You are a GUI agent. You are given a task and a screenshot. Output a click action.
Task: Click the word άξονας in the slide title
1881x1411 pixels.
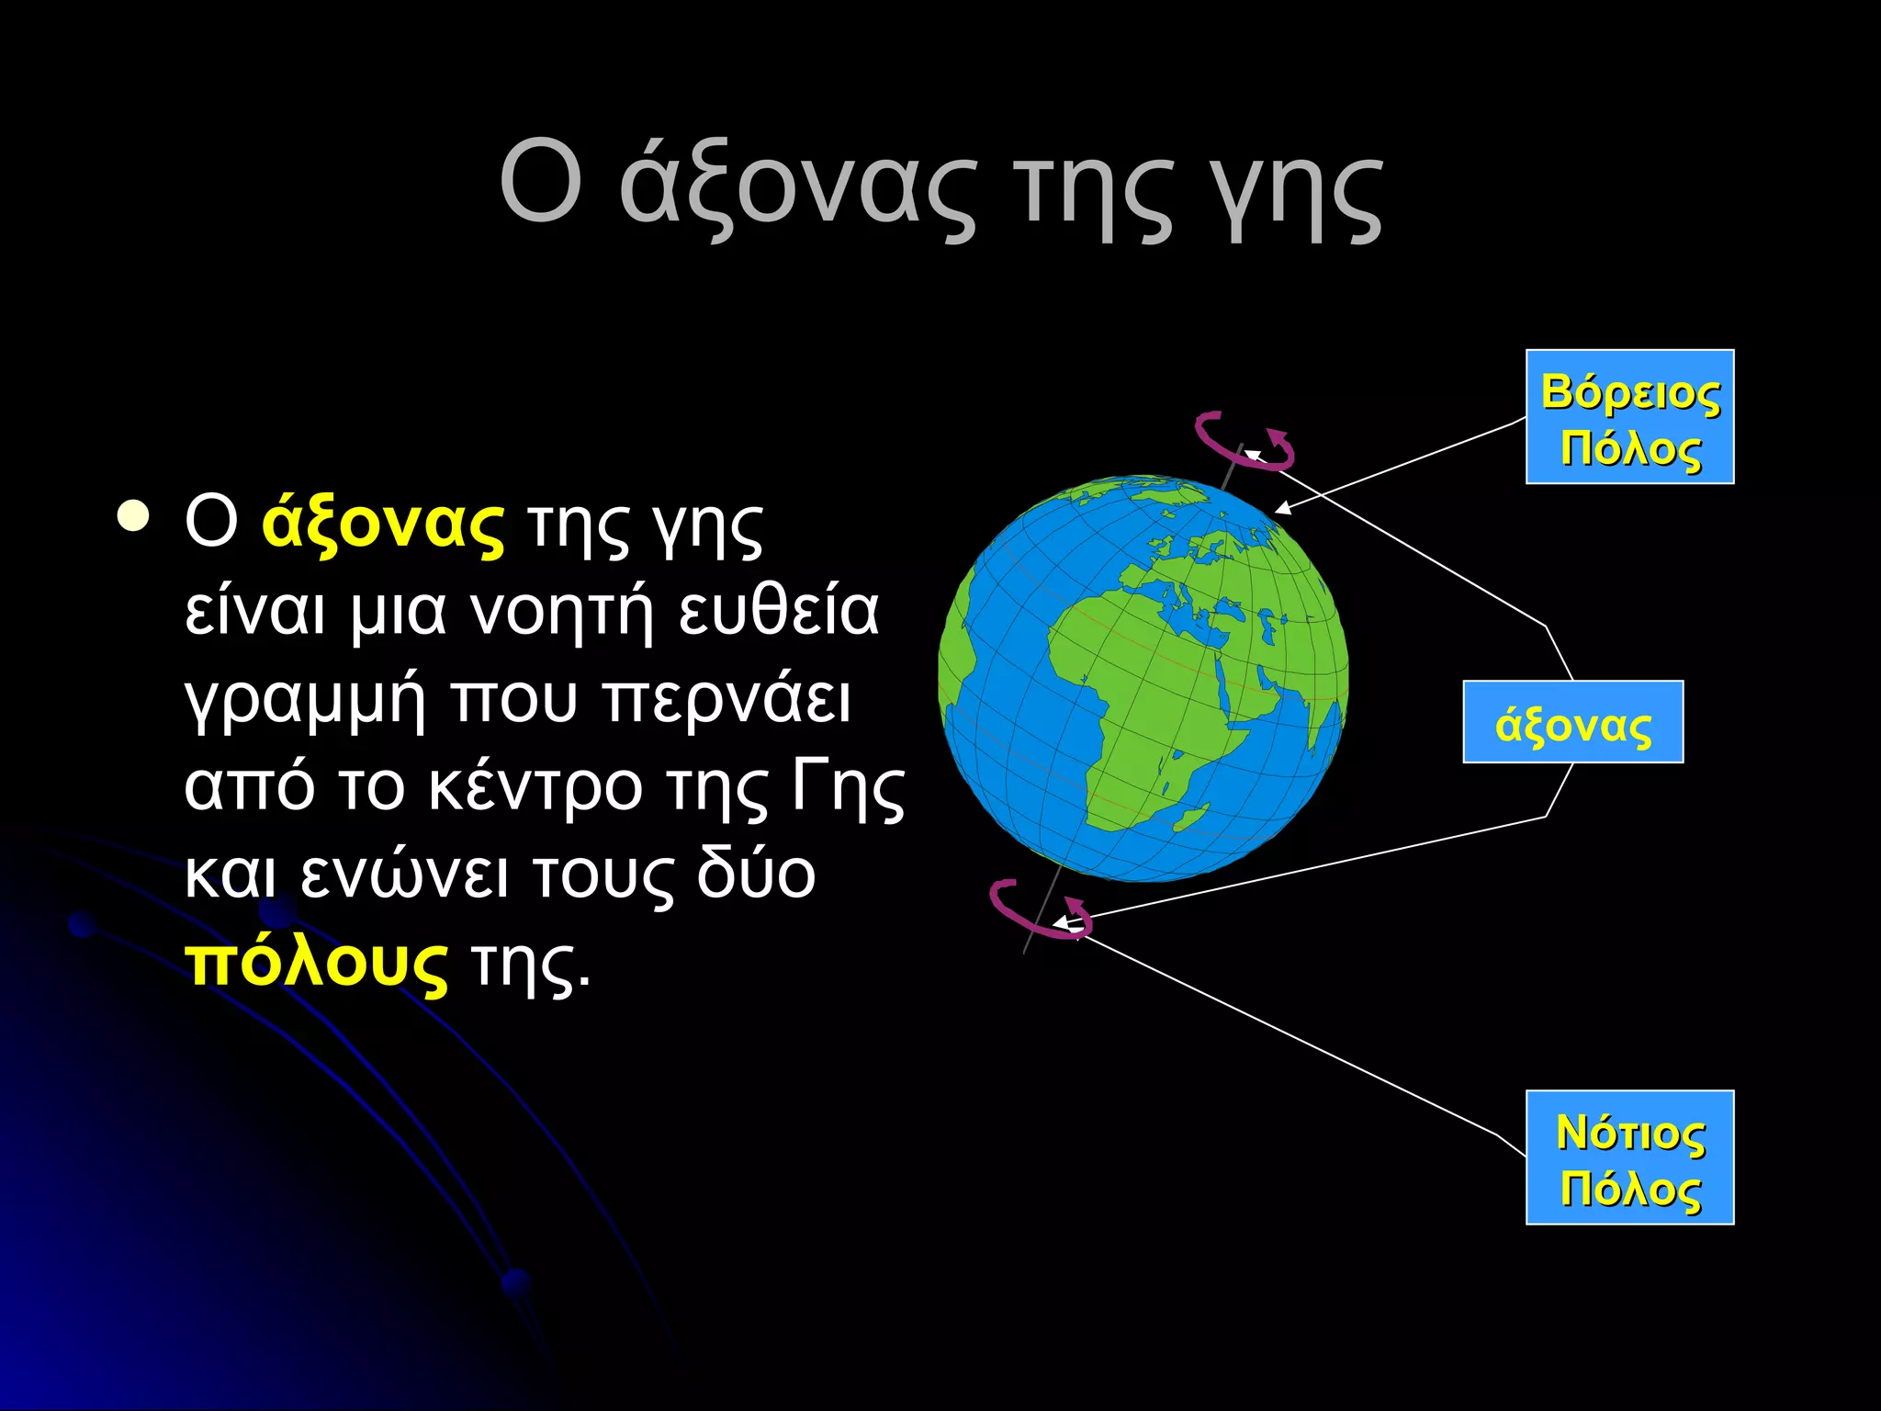pyautogui.click(x=797, y=188)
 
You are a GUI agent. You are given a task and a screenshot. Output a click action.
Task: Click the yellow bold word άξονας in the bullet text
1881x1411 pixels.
pyautogui.click(x=382, y=525)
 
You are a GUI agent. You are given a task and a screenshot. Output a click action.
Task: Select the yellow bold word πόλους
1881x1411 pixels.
pyautogui.click(x=316, y=965)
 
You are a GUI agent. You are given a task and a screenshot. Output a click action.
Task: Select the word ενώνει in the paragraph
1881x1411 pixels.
pyautogui.click(x=404, y=875)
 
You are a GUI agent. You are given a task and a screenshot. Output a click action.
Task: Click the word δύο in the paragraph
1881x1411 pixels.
pyautogui.click(x=755, y=875)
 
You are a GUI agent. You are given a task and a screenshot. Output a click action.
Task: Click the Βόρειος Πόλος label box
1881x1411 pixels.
pyautogui.click(x=1629, y=417)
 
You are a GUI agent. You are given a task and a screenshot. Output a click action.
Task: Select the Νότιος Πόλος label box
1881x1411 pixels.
pyautogui.click(x=1629, y=1157)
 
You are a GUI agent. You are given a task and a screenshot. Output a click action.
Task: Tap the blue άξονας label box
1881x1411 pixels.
pyautogui.click(x=1572, y=722)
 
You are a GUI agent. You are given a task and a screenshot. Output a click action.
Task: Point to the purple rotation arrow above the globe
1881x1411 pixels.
pyautogui.click(x=1242, y=443)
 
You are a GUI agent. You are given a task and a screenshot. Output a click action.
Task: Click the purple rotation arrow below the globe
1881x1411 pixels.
pyautogui.click(x=1038, y=911)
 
